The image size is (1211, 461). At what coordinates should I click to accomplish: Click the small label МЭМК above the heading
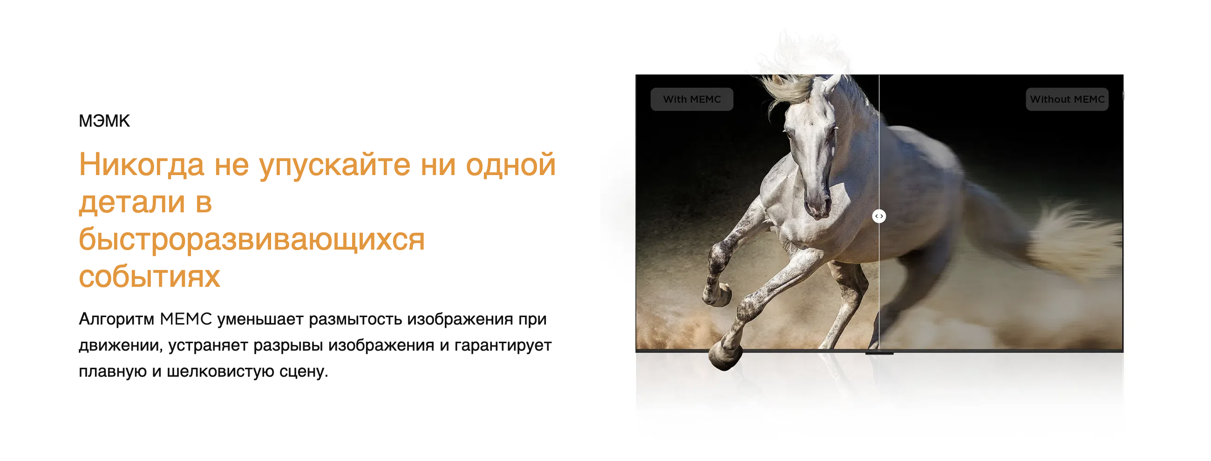pyautogui.click(x=104, y=121)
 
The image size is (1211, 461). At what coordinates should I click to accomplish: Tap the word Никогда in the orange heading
pyautogui.click(x=141, y=165)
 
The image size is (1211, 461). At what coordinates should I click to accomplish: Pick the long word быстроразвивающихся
pyautogui.click(x=252, y=240)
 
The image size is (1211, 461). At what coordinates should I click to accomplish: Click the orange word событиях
pyautogui.click(x=149, y=277)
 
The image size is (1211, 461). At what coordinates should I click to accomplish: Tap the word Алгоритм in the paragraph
pyautogui.click(x=116, y=319)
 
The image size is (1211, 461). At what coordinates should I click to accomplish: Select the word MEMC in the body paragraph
pyautogui.click(x=186, y=319)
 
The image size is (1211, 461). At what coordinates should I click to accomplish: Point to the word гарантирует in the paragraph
pyautogui.click(x=503, y=346)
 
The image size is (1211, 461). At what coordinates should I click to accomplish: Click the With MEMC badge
pyautogui.click(x=692, y=99)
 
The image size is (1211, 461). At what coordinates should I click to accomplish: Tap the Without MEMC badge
pyautogui.click(x=1067, y=99)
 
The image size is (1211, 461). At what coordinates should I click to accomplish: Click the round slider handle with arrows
pyautogui.click(x=878, y=216)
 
